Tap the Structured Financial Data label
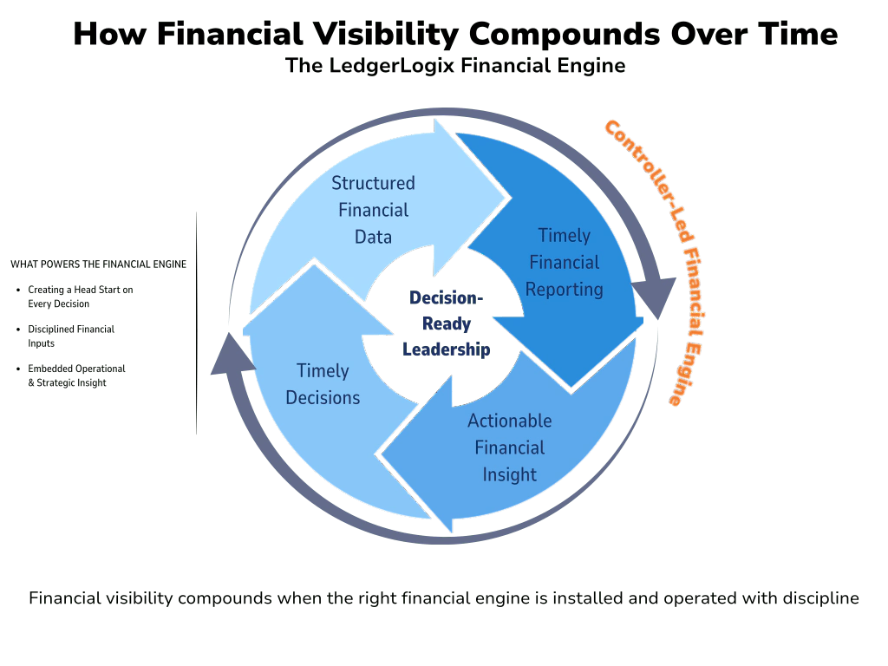tap(373, 210)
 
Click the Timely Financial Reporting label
tap(565, 262)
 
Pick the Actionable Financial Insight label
tap(510, 447)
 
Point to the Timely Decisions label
tap(323, 384)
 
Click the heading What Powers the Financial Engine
tap(98, 264)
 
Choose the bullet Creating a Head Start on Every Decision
tap(79, 297)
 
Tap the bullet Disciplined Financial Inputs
tap(70, 336)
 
